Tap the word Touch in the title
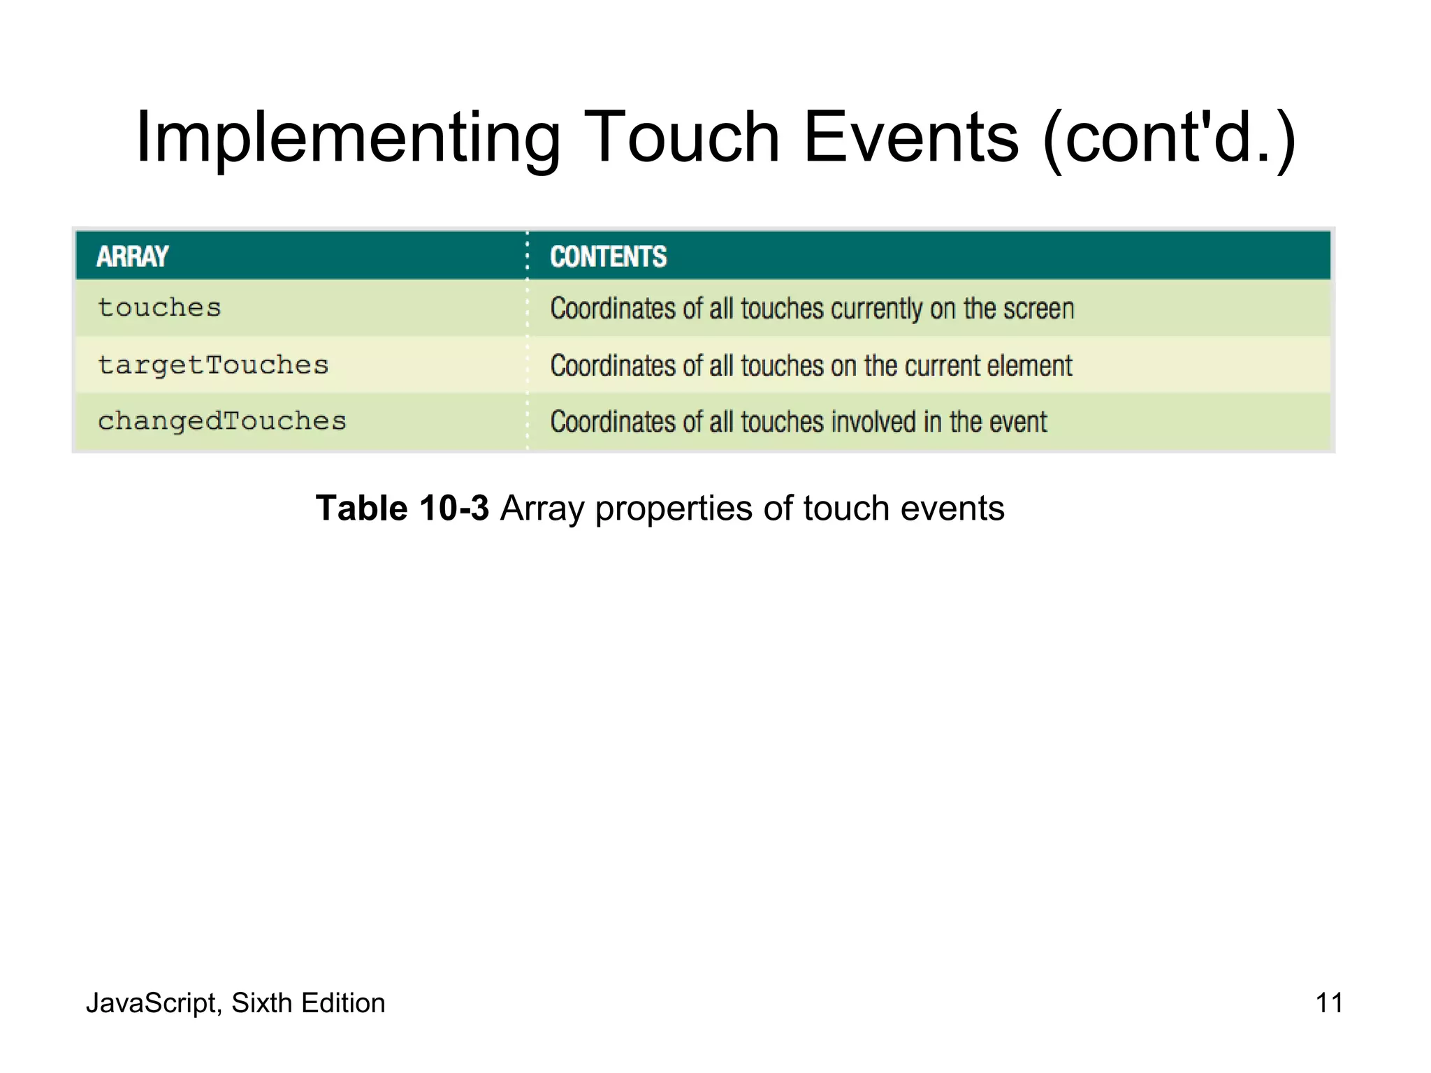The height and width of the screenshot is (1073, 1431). [681, 138]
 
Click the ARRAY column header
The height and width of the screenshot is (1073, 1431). [132, 256]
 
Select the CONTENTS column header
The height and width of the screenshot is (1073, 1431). [608, 256]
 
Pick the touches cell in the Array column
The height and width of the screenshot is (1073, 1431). [159, 308]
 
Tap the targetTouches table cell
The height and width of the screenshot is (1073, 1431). [212, 365]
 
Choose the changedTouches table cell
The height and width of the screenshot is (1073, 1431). [221, 421]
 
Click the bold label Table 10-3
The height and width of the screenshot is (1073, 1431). [402, 508]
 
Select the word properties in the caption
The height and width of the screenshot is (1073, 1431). [674, 509]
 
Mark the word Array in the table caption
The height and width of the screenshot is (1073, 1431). [542, 509]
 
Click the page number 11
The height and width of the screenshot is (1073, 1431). [1328, 1002]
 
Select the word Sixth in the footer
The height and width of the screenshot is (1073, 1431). [261, 1003]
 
